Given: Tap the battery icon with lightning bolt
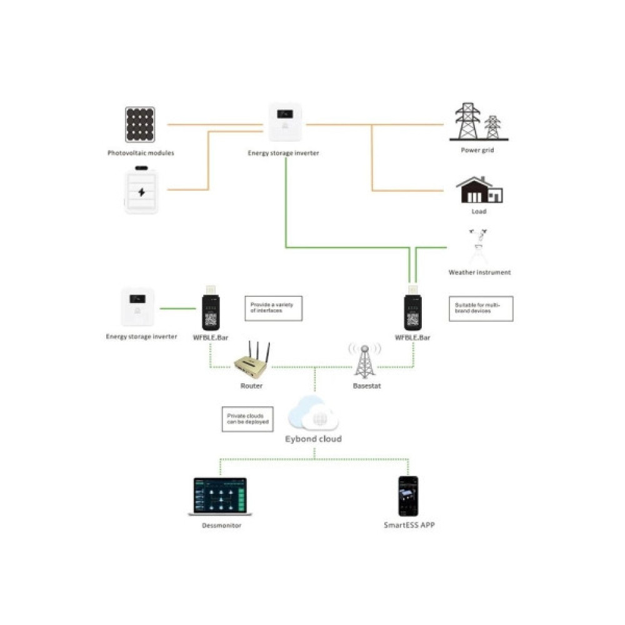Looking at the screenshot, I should coord(141,190).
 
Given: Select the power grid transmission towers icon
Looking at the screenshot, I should coord(479,122).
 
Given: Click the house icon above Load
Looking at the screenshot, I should coord(479,190).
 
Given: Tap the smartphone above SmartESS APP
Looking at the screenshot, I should coord(409,496).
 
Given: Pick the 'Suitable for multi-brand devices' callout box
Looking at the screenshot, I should coord(481,308).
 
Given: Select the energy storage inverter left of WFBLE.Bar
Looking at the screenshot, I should coord(137,307).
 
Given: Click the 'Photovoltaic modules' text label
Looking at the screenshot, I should coord(141,152).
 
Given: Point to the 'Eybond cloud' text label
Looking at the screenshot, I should coord(314,439).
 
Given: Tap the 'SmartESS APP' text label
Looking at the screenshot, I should coord(409,526).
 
